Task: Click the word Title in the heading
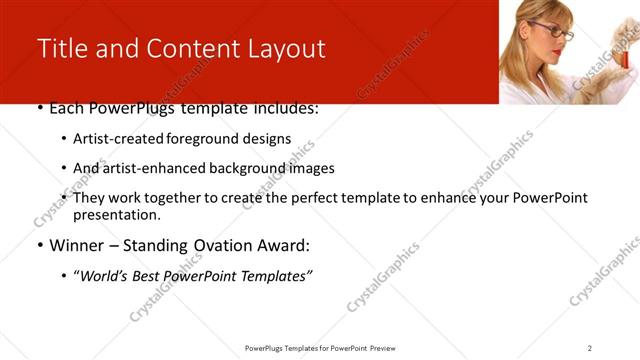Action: [x=62, y=49]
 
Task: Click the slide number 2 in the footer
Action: [x=590, y=347]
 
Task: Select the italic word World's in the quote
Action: [x=105, y=275]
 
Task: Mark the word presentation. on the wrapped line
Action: [x=117, y=214]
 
